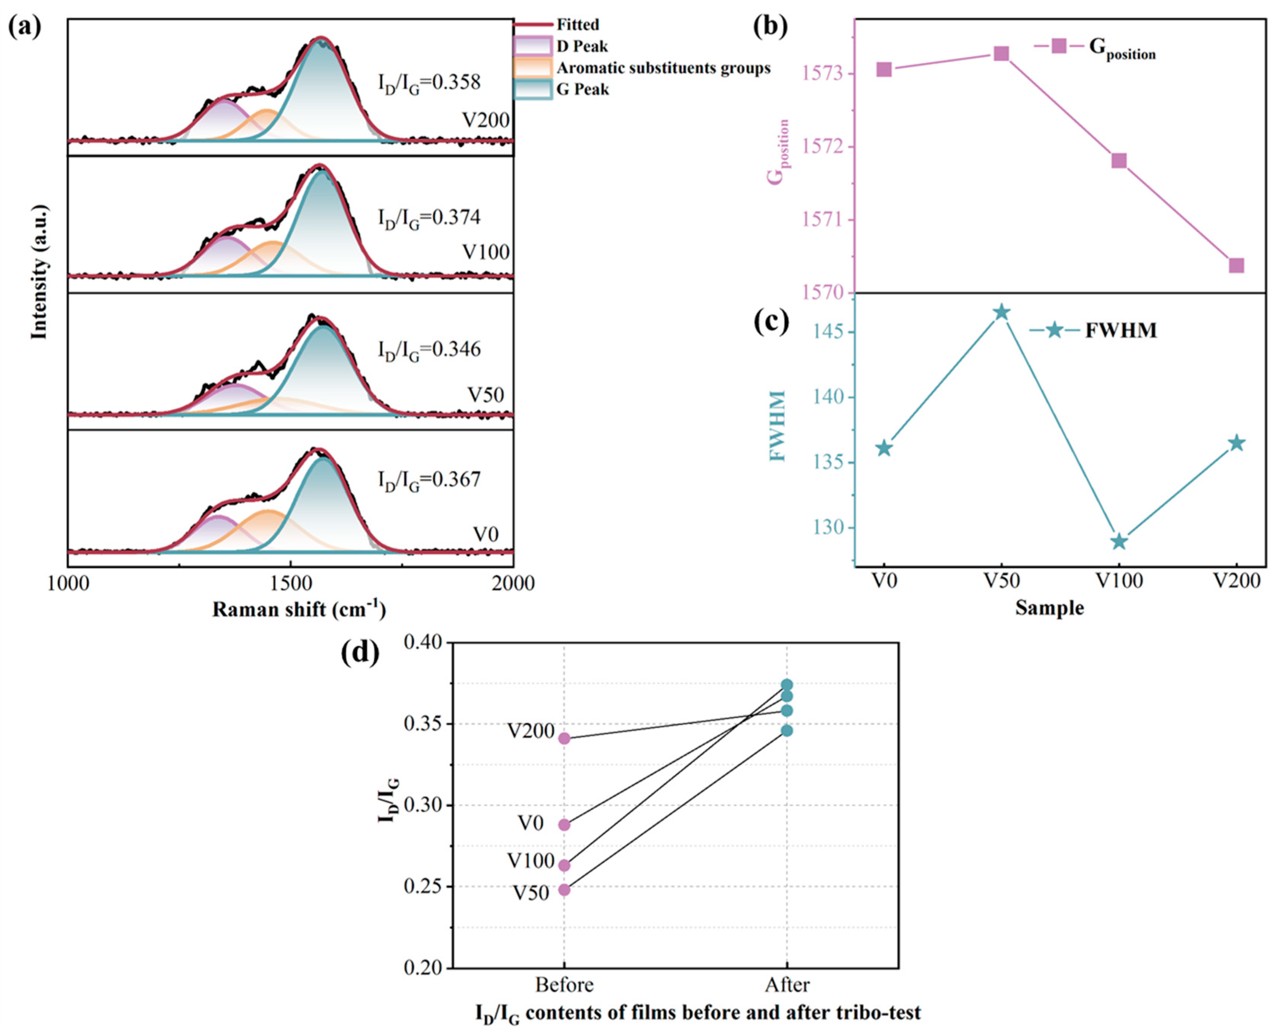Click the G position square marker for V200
click(1236, 265)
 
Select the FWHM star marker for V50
click(1002, 312)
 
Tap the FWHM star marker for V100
click(1119, 541)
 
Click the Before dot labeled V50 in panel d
click(564, 889)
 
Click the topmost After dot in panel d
click(787, 685)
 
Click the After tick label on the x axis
click(787, 984)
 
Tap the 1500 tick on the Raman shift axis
click(290, 583)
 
